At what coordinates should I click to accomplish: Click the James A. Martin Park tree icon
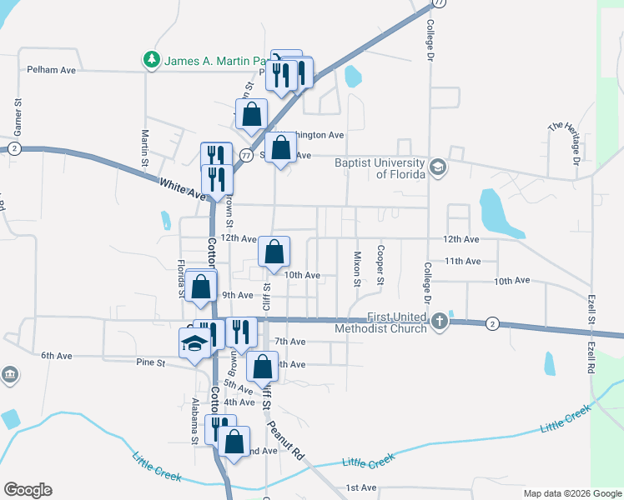(x=151, y=60)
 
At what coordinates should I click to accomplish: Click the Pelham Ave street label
(x=52, y=70)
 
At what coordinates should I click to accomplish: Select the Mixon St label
(x=357, y=268)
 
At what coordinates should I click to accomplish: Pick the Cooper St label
(x=380, y=264)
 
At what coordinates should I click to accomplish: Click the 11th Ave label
(x=463, y=261)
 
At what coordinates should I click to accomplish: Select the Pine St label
(x=150, y=362)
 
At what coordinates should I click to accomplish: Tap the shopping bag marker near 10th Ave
(x=274, y=251)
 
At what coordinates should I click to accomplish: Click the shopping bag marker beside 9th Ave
(x=201, y=286)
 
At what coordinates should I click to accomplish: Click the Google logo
(x=28, y=490)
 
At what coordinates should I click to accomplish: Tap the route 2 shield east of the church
(x=493, y=323)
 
